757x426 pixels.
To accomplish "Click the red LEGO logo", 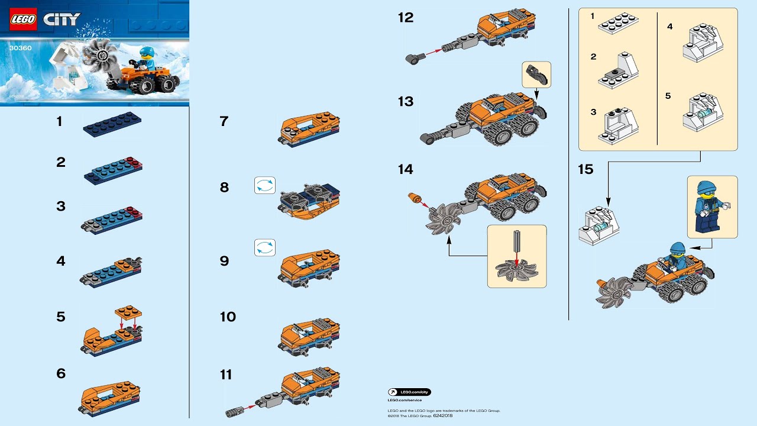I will pyautogui.click(x=24, y=20).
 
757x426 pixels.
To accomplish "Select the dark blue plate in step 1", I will pyautogui.click(x=112, y=123).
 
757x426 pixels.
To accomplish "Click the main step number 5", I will pyautogui.click(x=61, y=317).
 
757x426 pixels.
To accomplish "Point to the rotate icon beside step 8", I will pyautogui.click(x=265, y=185).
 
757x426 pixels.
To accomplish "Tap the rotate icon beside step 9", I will pyautogui.click(x=265, y=247).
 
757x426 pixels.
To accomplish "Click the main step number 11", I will pyautogui.click(x=226, y=375).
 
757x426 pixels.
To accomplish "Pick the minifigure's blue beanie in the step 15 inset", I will pyautogui.click(x=707, y=188).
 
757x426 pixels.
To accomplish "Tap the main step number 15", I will pyautogui.click(x=585, y=170).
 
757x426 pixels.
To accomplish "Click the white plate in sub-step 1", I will pyautogui.click(x=617, y=24).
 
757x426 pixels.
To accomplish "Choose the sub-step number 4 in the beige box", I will pyautogui.click(x=669, y=27).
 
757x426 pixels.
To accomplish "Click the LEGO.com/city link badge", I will pyautogui.click(x=409, y=392).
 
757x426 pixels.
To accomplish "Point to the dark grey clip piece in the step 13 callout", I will pyautogui.click(x=536, y=74).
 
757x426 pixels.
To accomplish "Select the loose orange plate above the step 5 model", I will pyautogui.click(x=129, y=312).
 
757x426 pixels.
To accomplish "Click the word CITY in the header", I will pyautogui.click(x=62, y=20).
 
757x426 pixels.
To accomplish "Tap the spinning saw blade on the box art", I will pyautogui.click(x=101, y=58).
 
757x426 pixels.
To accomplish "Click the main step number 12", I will pyautogui.click(x=406, y=18).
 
